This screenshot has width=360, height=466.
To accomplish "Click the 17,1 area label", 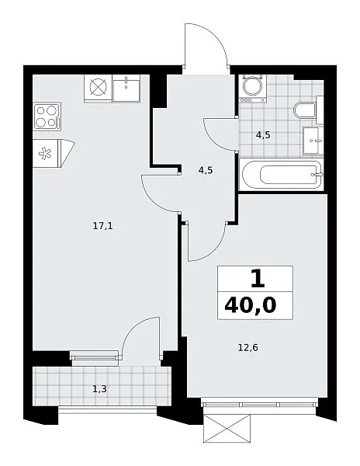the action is click(103, 227).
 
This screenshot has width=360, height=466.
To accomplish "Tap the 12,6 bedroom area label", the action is click(248, 347).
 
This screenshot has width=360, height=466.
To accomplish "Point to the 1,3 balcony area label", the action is click(100, 389).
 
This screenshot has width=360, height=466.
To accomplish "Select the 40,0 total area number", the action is click(251, 305).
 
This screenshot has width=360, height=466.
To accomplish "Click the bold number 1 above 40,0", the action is click(258, 280).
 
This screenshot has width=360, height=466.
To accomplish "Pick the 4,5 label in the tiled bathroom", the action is click(263, 135).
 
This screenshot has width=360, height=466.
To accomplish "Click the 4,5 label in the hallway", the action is click(206, 171).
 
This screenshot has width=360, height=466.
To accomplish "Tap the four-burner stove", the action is click(47, 116).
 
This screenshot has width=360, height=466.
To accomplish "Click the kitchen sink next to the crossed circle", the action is click(126, 88).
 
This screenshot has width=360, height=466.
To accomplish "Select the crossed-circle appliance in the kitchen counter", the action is click(99, 89).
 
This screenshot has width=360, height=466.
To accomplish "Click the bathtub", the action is click(282, 175).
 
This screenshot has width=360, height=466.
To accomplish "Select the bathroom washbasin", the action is click(313, 141).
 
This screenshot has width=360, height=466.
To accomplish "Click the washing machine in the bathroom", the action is click(253, 89).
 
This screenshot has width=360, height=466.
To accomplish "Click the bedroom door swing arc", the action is click(216, 249).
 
